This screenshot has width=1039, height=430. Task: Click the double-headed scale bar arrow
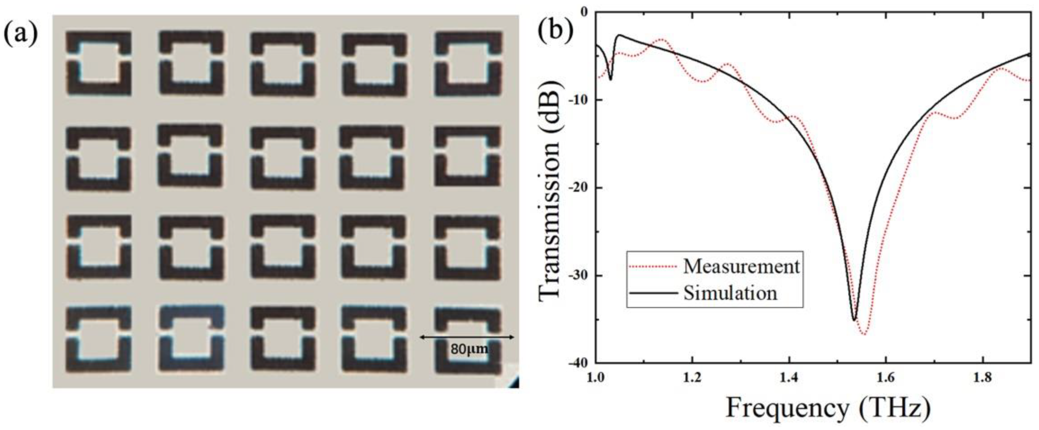point(467,337)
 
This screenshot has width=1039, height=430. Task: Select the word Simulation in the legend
point(730,294)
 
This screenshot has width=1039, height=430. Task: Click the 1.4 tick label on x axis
point(788,378)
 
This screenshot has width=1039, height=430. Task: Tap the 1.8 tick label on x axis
point(983,378)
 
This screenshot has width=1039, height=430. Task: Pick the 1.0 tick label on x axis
point(595,378)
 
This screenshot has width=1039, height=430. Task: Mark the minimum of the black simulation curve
point(854,320)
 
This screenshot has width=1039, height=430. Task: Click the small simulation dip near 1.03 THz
point(610,79)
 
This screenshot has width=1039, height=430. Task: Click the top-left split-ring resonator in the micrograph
point(98,63)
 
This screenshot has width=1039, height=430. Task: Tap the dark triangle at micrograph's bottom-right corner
point(514,382)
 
